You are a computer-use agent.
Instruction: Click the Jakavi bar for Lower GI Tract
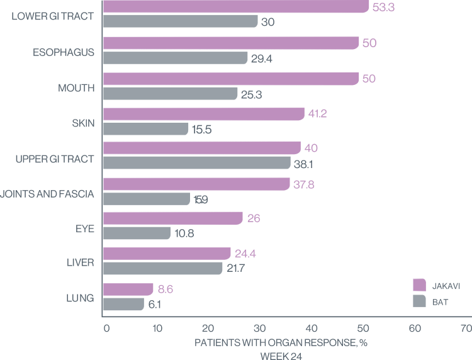tap(235, 6)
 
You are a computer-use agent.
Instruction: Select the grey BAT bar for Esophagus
tap(175, 58)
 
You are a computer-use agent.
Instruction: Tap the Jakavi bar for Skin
tap(203, 114)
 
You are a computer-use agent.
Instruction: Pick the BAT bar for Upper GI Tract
tap(196, 162)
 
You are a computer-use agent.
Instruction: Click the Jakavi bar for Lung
tap(128, 289)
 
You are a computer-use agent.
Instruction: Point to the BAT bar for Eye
tap(136, 233)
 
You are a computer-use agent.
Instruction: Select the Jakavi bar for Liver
tap(166, 254)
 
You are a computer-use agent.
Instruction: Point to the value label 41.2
tap(318, 114)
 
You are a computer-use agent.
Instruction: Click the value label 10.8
tap(185, 233)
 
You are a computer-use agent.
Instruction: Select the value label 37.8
tap(303, 184)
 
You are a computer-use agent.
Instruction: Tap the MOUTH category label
tap(77, 88)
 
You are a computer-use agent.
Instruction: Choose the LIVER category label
tap(81, 262)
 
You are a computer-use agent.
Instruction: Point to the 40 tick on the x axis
tap(312, 328)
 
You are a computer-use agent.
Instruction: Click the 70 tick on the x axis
tap(466, 328)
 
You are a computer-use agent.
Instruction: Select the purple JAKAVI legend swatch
tap(420, 285)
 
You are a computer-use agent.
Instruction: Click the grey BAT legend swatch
tap(420, 301)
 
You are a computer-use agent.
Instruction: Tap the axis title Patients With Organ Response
tap(281, 342)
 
